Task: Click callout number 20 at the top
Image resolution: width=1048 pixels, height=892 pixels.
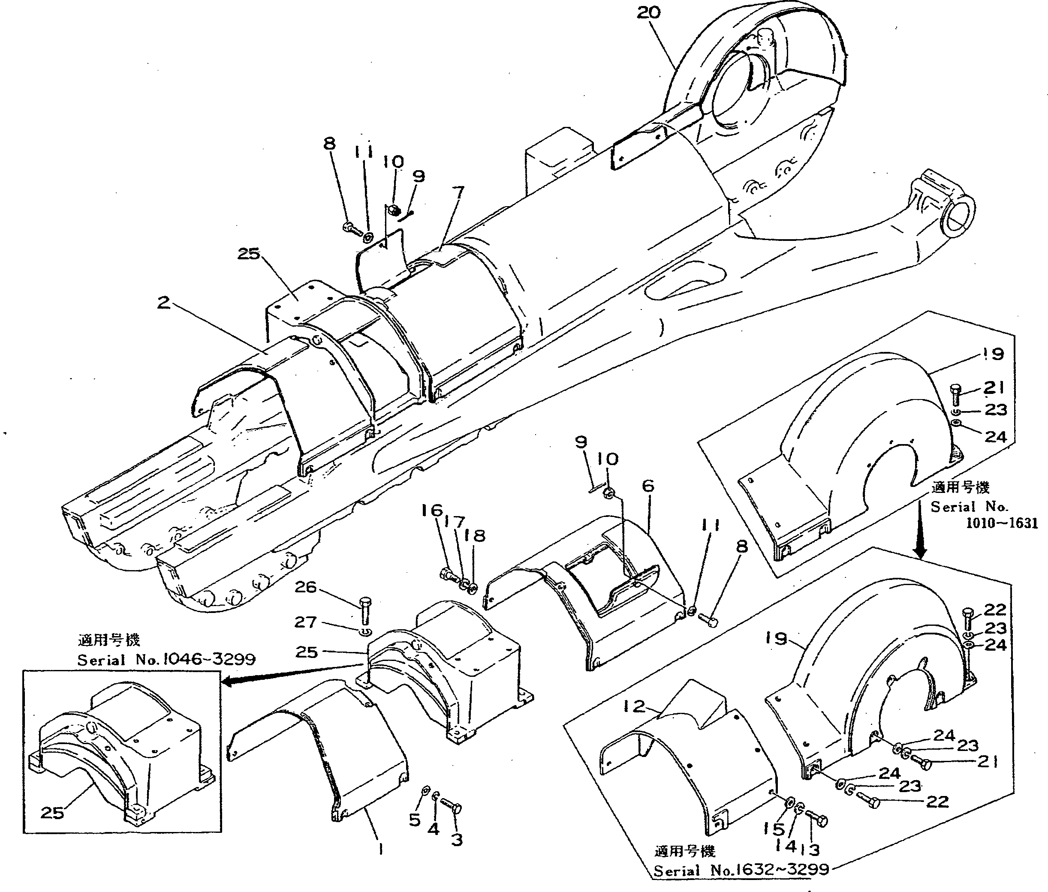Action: (648, 12)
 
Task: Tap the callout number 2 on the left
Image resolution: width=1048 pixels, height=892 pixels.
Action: (163, 303)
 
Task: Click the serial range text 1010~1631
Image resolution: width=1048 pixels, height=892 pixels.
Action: (1001, 523)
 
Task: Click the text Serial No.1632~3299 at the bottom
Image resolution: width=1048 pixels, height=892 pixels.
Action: (741, 870)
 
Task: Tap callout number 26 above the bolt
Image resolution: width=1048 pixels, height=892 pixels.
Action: (305, 587)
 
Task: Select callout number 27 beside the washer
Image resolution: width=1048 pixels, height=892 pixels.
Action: (305, 622)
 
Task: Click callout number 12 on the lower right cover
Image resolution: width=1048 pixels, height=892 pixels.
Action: (634, 706)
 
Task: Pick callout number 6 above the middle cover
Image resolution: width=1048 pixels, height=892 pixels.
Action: (648, 486)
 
